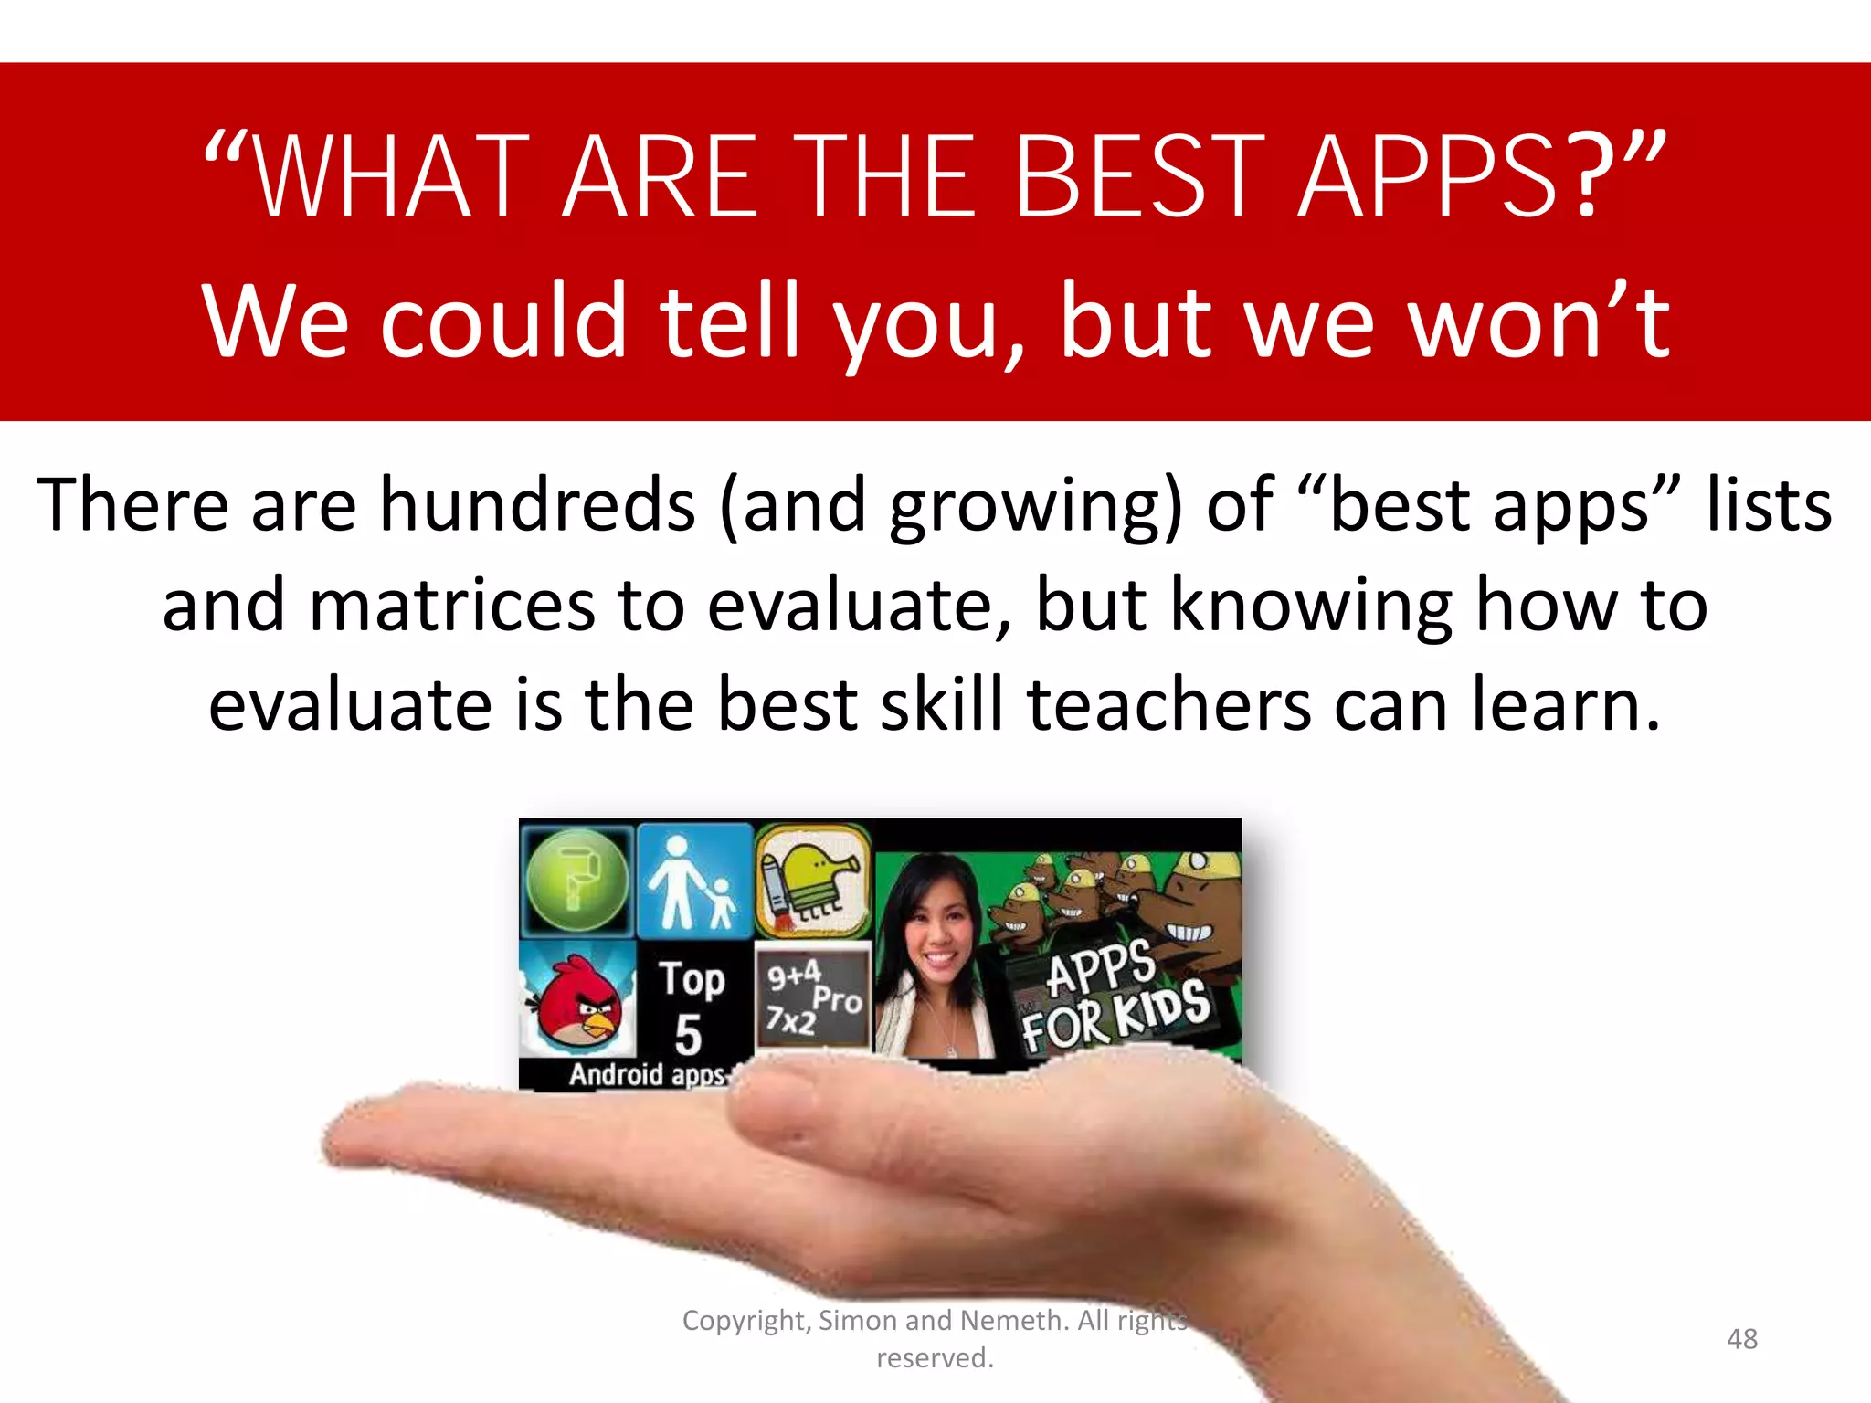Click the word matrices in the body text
(452, 606)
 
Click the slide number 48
(1741, 1339)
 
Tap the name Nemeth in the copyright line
(1012, 1321)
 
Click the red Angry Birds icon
(579, 1004)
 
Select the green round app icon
(577, 880)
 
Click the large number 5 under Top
(688, 1035)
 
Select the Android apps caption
(647, 1074)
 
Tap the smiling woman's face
(936, 932)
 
